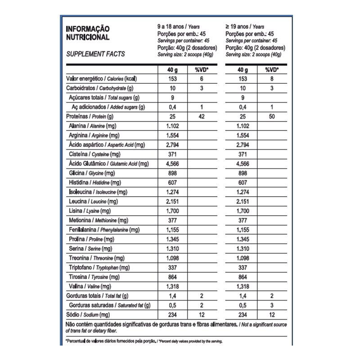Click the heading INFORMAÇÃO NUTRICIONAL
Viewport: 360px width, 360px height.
click(88, 33)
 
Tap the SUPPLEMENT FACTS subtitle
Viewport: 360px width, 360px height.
click(95, 54)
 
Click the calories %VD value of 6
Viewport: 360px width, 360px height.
click(202, 78)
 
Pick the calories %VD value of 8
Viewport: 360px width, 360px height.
click(271, 78)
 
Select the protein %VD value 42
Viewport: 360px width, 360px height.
click(202, 117)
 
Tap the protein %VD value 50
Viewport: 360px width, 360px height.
click(271, 117)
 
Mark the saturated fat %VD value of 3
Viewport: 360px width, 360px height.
click(271, 305)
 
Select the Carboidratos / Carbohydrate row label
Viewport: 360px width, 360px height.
click(99, 88)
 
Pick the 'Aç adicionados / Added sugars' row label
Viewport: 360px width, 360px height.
click(108, 107)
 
